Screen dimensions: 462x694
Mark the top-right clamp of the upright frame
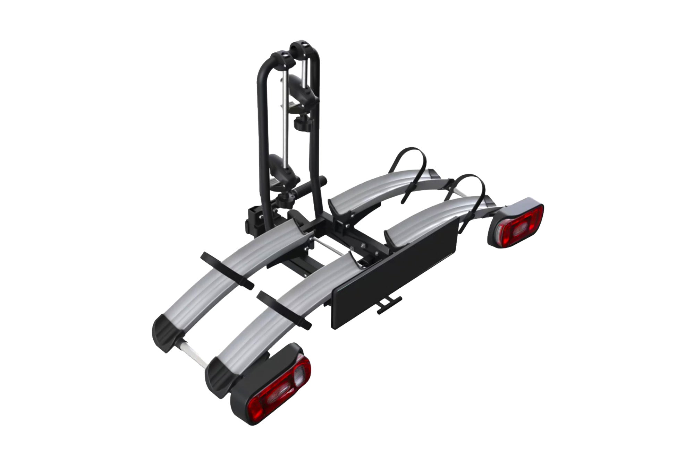pos(302,47)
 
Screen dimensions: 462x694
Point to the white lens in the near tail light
pos(299,376)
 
